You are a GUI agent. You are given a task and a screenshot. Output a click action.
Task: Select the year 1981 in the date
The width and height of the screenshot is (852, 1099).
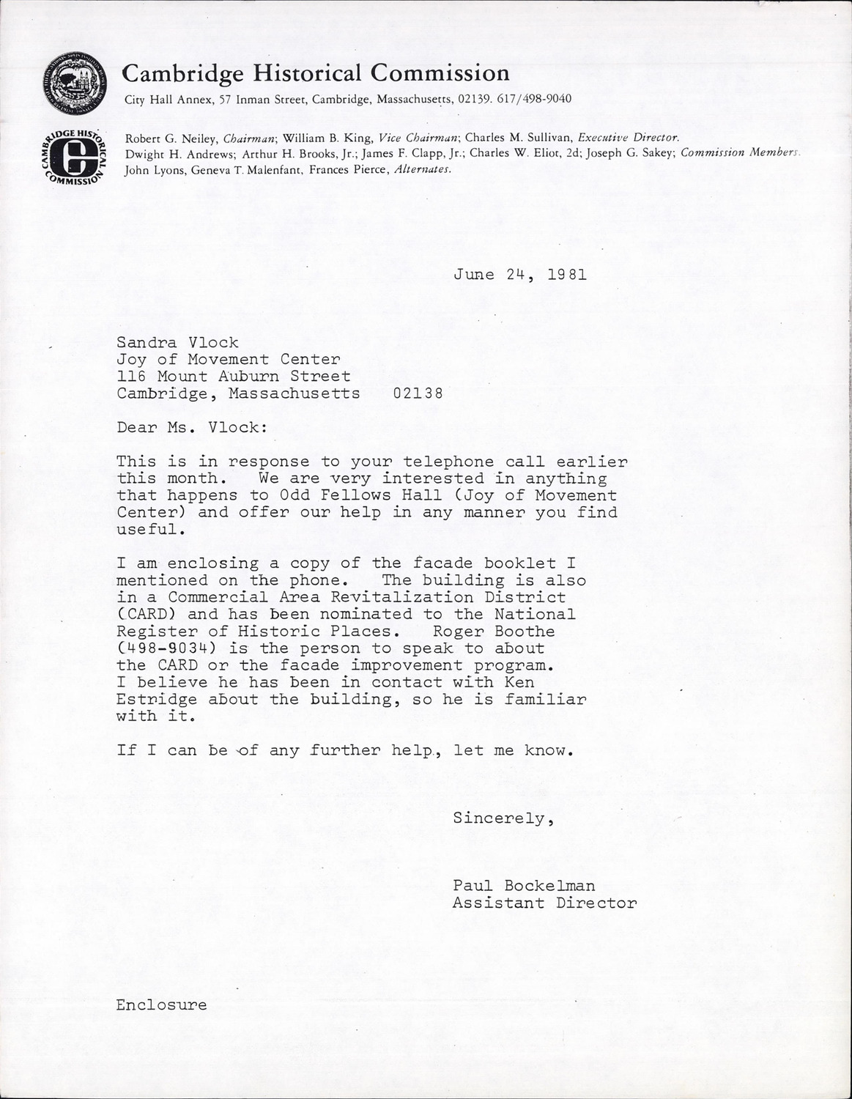[568, 275]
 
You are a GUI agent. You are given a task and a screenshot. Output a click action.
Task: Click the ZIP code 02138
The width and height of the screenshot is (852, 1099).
[418, 393]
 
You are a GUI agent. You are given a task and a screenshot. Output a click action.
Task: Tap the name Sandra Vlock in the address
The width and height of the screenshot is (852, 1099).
[177, 342]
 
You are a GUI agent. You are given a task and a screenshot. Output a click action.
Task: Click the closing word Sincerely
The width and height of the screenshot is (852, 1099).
[503, 818]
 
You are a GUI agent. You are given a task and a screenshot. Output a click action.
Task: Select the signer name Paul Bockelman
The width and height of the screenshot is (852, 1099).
[524, 886]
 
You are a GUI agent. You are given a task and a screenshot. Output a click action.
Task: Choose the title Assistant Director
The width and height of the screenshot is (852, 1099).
[544, 903]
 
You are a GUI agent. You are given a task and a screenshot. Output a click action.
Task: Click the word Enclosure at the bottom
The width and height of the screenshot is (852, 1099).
[161, 1004]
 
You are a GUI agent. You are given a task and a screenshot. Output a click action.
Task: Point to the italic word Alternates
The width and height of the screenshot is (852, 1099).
[423, 169]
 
